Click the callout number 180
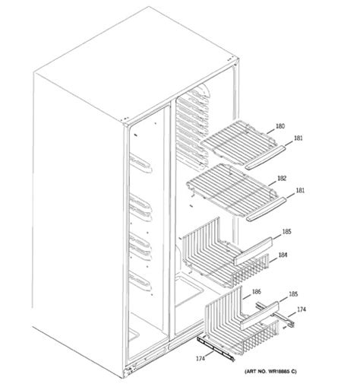(280, 126)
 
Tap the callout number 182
(282, 178)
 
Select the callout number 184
(283, 255)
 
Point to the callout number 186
(256, 292)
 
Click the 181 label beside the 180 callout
(298, 138)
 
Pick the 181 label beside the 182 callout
(300, 190)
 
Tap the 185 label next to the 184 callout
(286, 231)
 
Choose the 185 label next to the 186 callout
(293, 294)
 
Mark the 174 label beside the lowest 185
(302, 309)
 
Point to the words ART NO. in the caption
(257, 372)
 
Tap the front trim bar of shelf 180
(265, 157)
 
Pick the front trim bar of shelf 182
(266, 210)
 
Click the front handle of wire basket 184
(253, 251)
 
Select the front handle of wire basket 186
(260, 315)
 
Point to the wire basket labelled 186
(242, 325)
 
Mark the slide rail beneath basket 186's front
(216, 348)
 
